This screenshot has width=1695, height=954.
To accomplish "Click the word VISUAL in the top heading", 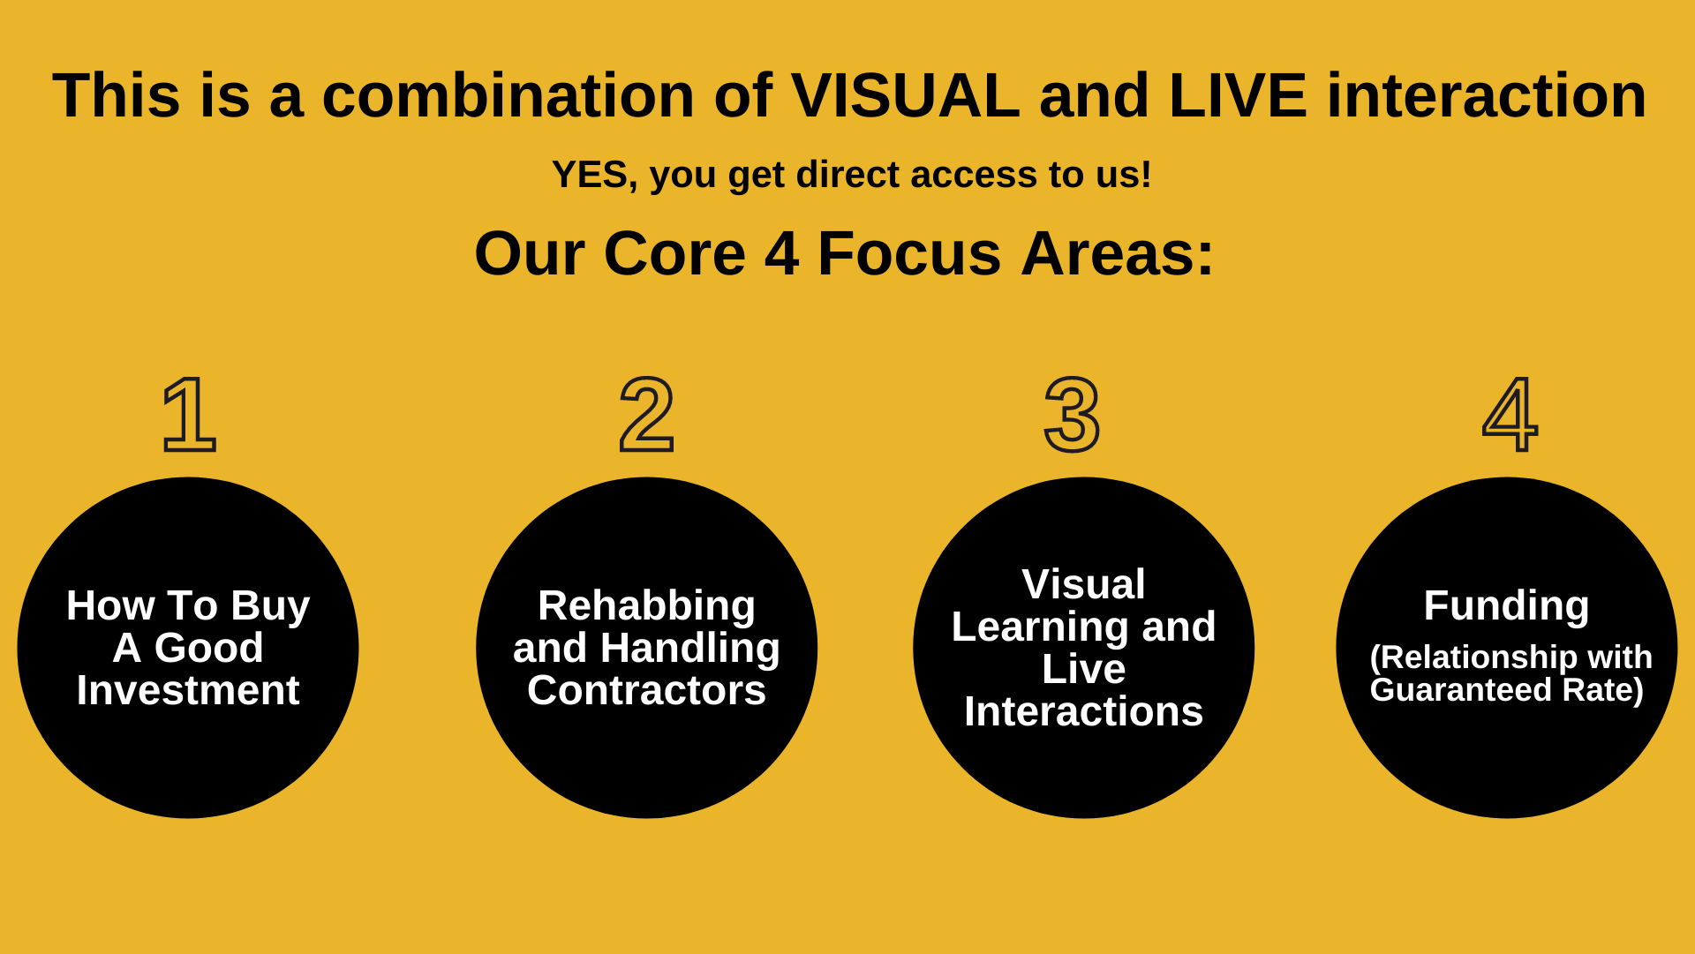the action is pos(905,95).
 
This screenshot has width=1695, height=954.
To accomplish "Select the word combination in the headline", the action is pos(508,95).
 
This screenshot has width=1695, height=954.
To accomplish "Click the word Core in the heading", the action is pos(675,254).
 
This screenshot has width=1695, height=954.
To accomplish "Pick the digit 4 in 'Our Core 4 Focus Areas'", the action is pos(782,254).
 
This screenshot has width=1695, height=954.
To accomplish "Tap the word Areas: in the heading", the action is pos(1118,254).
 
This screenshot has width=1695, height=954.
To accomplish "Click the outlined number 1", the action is pos(190,414).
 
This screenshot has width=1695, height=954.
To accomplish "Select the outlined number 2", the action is pos(647,414).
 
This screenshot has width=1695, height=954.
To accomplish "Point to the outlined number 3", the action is pos(1073,415).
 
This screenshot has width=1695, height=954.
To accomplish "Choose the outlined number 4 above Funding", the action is pos(1510,414).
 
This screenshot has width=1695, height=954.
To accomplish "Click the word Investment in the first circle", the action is pos(188,690).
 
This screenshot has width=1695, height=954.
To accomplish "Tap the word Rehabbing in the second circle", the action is pos(647,606).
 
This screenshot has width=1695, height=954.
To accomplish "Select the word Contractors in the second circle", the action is pos(647,690).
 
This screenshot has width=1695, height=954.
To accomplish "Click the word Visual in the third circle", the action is pos(1084,584).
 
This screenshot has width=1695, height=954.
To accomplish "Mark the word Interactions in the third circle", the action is pos(1084,711).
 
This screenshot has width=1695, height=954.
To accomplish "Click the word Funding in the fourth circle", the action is pos(1507,606).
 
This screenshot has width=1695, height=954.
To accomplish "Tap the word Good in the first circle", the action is pos(208,648).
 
